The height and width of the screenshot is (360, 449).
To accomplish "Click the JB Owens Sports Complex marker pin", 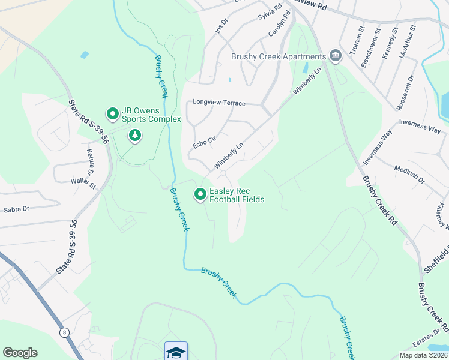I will (x=112, y=113).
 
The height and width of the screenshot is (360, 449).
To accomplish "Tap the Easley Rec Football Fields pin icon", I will (x=199, y=194).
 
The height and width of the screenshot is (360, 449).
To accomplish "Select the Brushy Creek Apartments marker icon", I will (x=335, y=57).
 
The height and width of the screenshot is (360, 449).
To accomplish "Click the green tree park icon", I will (x=136, y=136).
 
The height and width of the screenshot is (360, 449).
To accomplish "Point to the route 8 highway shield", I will (x=64, y=332).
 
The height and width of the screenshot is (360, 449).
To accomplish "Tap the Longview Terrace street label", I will (x=218, y=103).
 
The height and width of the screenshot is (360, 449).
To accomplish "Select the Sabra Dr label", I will (x=17, y=210).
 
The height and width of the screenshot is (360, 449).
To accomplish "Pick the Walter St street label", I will (x=83, y=182).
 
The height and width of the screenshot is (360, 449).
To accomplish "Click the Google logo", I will (x=20, y=353).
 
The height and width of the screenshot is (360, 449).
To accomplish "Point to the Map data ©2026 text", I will (x=423, y=355).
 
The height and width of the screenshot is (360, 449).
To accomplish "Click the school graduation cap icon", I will (x=176, y=352).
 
